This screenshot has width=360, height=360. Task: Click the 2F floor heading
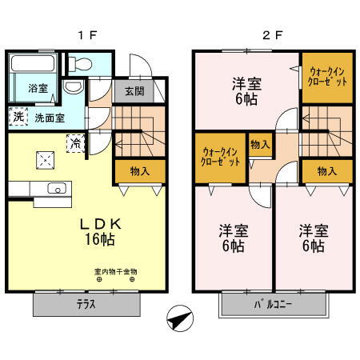click(x=271, y=34)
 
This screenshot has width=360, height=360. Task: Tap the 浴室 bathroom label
click(x=38, y=87)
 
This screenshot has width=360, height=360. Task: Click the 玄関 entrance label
click(x=134, y=90)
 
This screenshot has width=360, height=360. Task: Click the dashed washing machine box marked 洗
click(x=18, y=116)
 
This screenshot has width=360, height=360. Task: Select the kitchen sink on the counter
click(x=56, y=189)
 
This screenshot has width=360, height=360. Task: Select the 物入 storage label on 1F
click(x=138, y=170)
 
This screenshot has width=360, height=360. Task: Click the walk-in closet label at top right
click(x=327, y=76)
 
